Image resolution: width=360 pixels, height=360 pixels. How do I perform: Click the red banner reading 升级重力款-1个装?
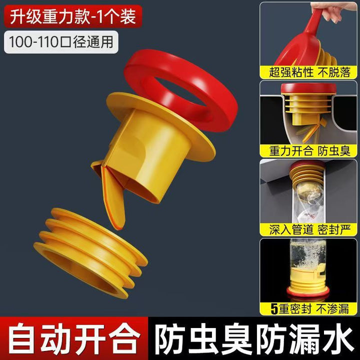pyautogui.click(x=73, y=16)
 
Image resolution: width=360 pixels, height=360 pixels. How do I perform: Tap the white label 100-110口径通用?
pyautogui.click(x=61, y=42)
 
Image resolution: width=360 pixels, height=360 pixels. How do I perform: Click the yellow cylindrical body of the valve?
pyautogui.click(x=147, y=156)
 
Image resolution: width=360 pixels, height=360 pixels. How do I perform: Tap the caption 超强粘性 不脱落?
pyautogui.click(x=309, y=72)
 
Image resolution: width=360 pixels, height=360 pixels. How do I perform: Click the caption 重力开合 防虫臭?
pyautogui.click(x=309, y=151)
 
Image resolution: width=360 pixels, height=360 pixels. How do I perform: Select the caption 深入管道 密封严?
pyautogui.click(x=309, y=229)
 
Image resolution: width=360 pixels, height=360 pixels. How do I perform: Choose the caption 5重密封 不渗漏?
pyautogui.click(x=309, y=308)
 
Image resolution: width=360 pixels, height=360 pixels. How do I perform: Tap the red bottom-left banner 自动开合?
pyautogui.click(x=74, y=339)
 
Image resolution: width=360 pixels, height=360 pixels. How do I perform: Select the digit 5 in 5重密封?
pyautogui.click(x=274, y=308)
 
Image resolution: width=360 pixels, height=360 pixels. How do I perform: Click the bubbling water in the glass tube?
pyautogui.click(x=308, y=255)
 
